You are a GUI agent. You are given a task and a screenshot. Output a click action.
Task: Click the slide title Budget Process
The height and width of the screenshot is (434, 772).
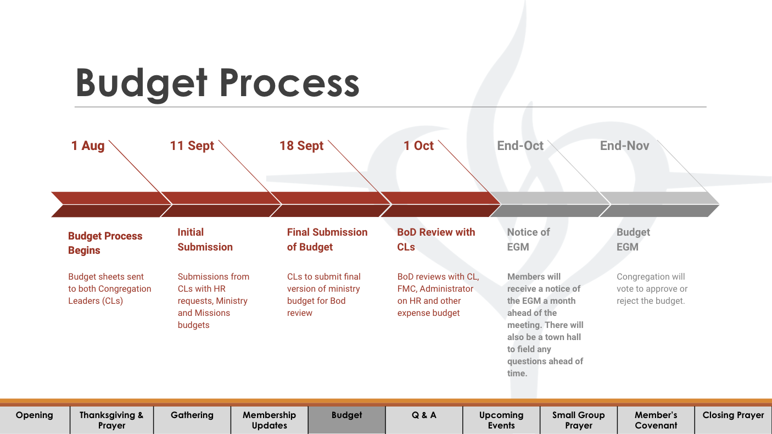[x=217, y=83]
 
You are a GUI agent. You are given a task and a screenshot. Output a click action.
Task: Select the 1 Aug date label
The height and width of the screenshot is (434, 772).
[x=88, y=146]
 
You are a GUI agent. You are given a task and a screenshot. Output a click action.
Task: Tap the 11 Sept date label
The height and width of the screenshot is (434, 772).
[x=192, y=146]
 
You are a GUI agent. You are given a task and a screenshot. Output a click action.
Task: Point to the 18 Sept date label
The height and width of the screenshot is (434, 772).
[x=301, y=146]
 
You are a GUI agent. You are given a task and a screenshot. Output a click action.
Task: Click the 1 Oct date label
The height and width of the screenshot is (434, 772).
[x=418, y=146]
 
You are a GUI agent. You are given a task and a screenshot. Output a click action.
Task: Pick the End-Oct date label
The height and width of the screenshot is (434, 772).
[x=520, y=146]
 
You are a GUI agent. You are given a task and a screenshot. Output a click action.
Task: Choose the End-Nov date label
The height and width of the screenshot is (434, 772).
[x=624, y=146]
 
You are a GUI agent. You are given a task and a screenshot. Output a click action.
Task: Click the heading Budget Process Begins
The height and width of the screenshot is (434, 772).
[x=105, y=243]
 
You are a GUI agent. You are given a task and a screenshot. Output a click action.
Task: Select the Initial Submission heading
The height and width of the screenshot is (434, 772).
[x=205, y=240]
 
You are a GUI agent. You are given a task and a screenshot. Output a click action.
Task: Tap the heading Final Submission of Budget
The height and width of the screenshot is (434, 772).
[x=327, y=240]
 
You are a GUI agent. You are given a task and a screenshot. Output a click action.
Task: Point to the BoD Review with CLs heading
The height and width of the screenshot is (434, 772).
[x=436, y=240]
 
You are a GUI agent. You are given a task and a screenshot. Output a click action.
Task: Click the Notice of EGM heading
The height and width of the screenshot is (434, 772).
[x=528, y=240]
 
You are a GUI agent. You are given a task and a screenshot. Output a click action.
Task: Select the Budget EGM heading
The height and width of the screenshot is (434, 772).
[x=633, y=240]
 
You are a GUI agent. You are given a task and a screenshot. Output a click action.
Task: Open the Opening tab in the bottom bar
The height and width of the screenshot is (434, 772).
[x=35, y=415]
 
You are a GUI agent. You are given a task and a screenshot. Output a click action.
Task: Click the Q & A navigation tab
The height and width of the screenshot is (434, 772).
[x=424, y=415]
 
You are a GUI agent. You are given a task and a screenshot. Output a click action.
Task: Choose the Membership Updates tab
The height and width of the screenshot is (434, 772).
[x=269, y=420]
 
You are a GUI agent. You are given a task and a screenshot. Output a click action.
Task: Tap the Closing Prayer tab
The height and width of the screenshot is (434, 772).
[x=733, y=415]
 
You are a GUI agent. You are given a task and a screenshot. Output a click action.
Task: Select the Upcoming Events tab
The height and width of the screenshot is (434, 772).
[x=501, y=420]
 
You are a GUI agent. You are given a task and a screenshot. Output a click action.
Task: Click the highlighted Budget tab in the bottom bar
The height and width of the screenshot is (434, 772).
[x=346, y=415]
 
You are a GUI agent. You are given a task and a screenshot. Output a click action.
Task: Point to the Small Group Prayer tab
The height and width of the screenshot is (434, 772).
[x=578, y=420]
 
